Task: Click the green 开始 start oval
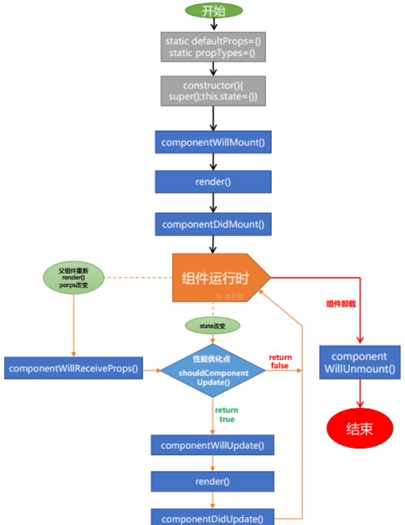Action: pos(213,10)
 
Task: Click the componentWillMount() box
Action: pos(213,142)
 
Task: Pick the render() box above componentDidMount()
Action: pos(213,181)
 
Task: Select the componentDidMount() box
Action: pos(213,224)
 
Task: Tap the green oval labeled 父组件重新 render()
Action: pos(74,277)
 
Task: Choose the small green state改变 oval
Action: pos(212,326)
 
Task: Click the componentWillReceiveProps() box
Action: pos(74,368)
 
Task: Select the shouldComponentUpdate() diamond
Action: pos(213,369)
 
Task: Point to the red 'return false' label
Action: pos(280,361)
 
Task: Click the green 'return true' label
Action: pos(226,414)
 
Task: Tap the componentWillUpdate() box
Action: pos(213,445)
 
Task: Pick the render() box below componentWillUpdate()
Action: pos(213,481)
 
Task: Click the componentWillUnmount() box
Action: pos(359,363)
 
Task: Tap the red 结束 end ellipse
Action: pos(359,428)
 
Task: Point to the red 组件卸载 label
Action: pos(341,303)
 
